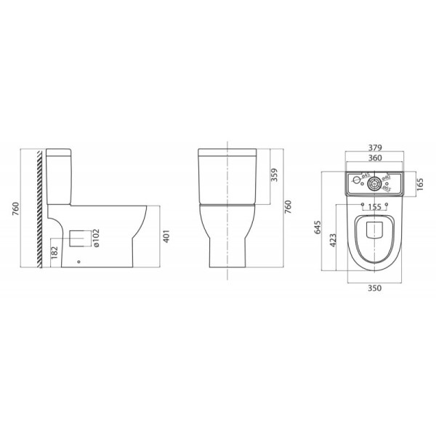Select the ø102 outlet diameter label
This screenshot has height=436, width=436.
(100, 238)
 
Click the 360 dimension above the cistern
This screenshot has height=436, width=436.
(375, 158)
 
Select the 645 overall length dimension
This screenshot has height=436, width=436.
(318, 227)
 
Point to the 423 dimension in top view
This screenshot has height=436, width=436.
(334, 241)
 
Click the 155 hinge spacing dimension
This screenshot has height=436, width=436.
(375, 207)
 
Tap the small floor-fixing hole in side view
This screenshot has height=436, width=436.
(78, 261)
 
